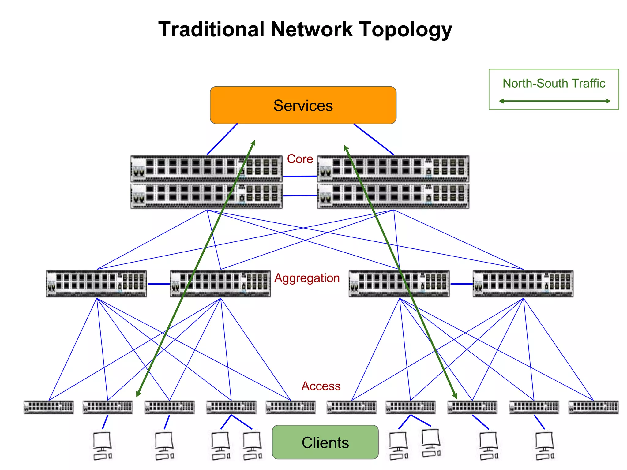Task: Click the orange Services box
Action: coord(303,105)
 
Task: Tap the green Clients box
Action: coord(325,442)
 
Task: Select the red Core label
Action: coord(300,159)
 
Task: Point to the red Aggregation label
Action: coord(307,278)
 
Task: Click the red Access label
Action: coord(321,386)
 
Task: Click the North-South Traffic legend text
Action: coord(554,83)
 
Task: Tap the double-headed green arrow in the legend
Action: coord(554,101)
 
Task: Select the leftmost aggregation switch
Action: coord(96,284)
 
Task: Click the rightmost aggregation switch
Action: coord(523,284)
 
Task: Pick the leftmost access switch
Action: coord(49,407)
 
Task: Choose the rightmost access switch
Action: coord(593,407)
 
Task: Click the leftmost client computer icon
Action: coord(102,445)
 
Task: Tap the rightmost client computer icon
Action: coord(545,445)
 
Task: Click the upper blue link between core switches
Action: coord(300,176)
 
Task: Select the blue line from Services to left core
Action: coord(222,139)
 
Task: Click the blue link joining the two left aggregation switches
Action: coord(159,284)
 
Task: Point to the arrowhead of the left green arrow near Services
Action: coord(253,143)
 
